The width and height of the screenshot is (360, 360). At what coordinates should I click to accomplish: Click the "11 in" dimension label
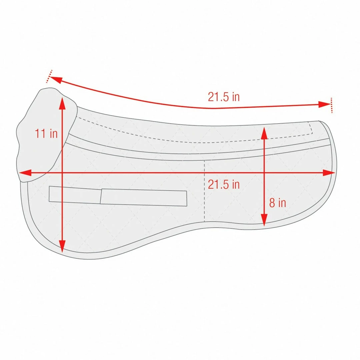[46, 134]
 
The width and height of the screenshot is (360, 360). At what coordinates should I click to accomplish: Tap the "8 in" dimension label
[277, 203]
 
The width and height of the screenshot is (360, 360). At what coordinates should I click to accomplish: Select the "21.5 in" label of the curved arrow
[224, 97]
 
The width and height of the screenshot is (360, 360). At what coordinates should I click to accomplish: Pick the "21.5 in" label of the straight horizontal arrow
[224, 184]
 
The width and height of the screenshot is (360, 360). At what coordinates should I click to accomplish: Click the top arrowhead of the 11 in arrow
[62, 100]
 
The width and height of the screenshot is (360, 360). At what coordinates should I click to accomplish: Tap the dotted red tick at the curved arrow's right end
[331, 105]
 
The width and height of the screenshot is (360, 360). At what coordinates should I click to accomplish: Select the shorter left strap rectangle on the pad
[75, 195]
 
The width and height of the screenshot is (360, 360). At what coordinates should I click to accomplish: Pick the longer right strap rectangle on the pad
[143, 198]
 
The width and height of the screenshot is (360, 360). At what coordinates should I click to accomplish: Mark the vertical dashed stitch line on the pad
[204, 200]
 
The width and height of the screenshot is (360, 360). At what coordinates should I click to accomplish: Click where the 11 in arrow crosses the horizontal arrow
[62, 173]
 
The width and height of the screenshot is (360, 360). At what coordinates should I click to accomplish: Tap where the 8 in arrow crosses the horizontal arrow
[264, 173]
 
